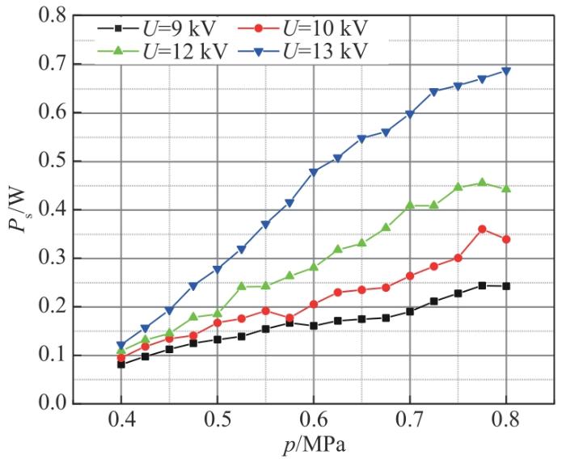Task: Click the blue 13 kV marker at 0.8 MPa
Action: point(506,71)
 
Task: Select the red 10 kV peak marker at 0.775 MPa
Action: point(482,229)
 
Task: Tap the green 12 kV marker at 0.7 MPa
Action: point(410,205)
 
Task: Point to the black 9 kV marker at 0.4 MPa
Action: point(121,364)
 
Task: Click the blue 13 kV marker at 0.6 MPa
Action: point(314,172)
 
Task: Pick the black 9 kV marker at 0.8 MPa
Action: point(506,286)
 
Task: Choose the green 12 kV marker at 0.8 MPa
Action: point(506,188)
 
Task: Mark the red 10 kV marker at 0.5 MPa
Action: point(218,322)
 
